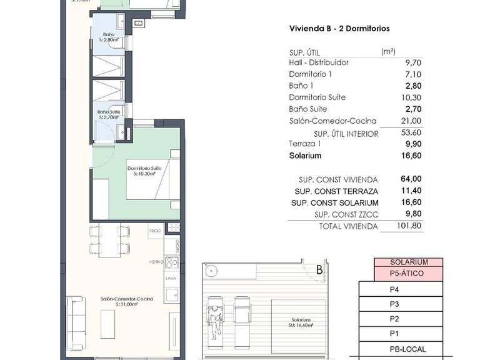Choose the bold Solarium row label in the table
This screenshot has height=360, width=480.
pyautogui.click(x=305, y=156)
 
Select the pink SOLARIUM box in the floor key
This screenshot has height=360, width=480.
pyautogui.click(x=409, y=262)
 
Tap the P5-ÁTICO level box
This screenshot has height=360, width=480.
pyautogui.click(x=409, y=273)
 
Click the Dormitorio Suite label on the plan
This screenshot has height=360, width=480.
pyautogui.click(x=144, y=169)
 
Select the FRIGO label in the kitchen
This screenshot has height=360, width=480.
pyautogui.click(x=155, y=231)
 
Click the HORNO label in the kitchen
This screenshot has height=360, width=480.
pyautogui.click(x=156, y=261)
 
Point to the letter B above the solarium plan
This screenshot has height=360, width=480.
pyautogui.click(x=319, y=271)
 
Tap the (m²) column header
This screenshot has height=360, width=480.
pyautogui.click(x=388, y=52)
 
